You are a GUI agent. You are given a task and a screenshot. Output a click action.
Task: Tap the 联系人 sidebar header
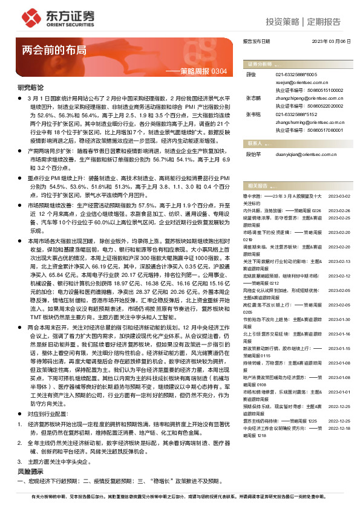click(x=254, y=144)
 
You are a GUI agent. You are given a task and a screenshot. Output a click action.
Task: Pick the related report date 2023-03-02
click(x=339, y=196)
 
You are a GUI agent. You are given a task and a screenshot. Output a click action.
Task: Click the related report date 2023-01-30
click(x=339, y=319)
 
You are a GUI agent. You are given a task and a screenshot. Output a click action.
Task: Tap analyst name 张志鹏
click(x=253, y=97)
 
